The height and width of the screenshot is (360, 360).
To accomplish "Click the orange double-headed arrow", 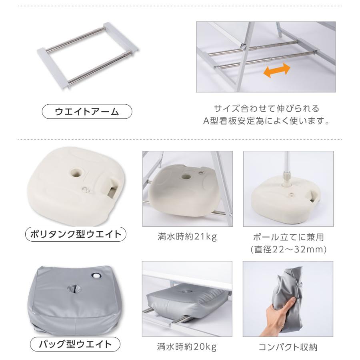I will click(276, 70).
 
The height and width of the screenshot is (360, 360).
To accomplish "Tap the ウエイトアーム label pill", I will click(87, 112).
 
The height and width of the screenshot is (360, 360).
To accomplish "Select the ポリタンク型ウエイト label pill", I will click(76, 234).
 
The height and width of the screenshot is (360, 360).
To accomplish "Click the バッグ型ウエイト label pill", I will click(75, 344).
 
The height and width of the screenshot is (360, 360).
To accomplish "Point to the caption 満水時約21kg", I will click(187, 237).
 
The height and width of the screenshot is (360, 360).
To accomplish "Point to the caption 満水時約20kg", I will click(187, 347).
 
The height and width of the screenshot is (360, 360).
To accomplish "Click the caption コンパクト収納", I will click(288, 347).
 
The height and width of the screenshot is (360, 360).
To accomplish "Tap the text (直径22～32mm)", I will click(288, 250).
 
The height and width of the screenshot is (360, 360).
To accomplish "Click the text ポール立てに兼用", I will click(288, 237).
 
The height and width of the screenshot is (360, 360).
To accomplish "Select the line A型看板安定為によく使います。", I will click(266, 121).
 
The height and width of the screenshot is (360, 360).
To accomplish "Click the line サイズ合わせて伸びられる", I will click(266, 108).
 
